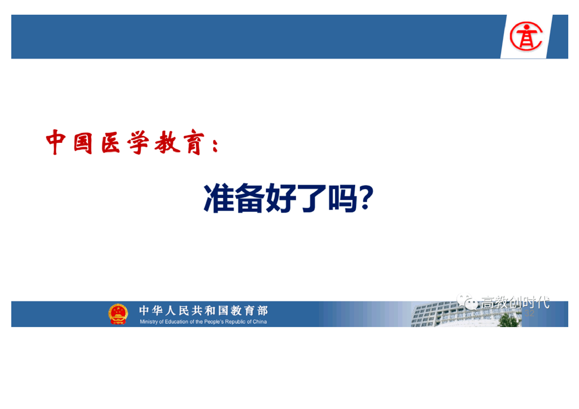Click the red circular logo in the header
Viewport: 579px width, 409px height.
coord(526,36)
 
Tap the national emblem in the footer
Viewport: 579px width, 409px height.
coord(118,314)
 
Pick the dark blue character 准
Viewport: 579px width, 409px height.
coord(219,198)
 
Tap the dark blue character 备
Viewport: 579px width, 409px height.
coord(250,198)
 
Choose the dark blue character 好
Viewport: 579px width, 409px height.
coord(281,198)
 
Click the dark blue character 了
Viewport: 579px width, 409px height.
coord(312,199)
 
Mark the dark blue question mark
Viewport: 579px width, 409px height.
coord(366,198)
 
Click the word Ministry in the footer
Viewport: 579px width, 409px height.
coord(149,321)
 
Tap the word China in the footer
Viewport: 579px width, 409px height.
coord(260,321)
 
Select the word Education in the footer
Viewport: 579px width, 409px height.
coord(176,321)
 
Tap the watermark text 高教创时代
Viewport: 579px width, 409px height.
coord(515,302)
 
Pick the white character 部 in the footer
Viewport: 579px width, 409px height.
coord(263,310)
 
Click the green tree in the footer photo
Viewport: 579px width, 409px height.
coord(509,320)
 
